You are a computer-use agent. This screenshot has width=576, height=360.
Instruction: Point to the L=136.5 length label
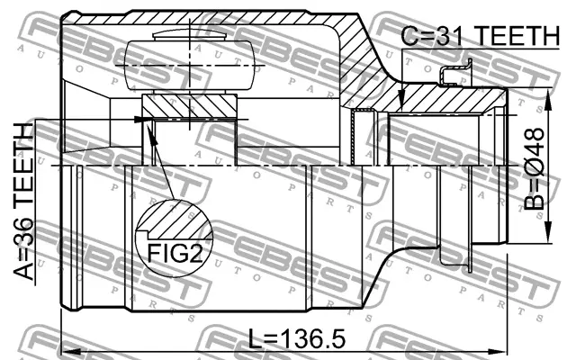click(x=296, y=339)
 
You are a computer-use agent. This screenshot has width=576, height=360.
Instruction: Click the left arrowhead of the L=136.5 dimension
click(x=66, y=347)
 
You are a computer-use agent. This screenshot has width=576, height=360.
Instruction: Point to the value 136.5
click(x=310, y=339)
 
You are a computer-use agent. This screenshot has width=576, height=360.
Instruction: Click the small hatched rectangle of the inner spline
click(x=188, y=107)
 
